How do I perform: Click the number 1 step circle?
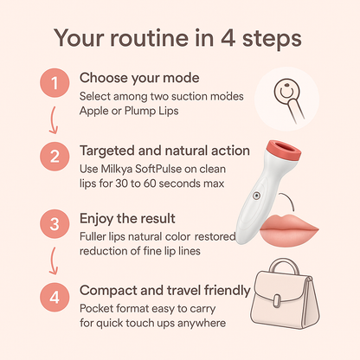[x=55, y=83]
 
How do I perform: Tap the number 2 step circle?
[x=55, y=157]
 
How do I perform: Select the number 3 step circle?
[x=55, y=224]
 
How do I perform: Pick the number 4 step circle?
[x=55, y=297]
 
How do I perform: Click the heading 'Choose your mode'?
[x=139, y=78]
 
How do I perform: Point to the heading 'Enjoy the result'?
[x=127, y=218]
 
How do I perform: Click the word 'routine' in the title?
[x=149, y=38]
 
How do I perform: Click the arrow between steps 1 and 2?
[x=53, y=120]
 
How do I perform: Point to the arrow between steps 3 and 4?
[x=53, y=260]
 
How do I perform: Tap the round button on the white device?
[x=256, y=196]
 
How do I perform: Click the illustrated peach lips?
[x=289, y=230]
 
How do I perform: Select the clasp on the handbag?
[x=277, y=301]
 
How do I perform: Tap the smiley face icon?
[x=286, y=92]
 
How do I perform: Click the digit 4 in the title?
[x=228, y=38]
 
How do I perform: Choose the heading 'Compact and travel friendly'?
[x=165, y=291]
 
